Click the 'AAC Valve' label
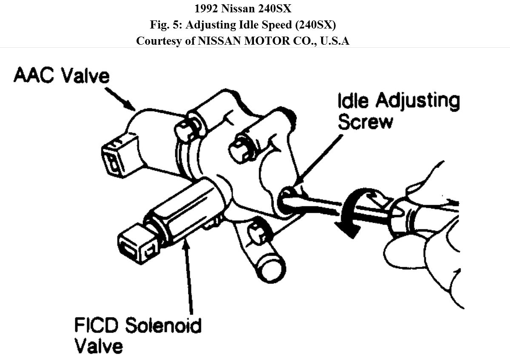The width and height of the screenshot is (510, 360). [61, 77]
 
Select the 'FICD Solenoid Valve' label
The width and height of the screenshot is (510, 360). [137, 334]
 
